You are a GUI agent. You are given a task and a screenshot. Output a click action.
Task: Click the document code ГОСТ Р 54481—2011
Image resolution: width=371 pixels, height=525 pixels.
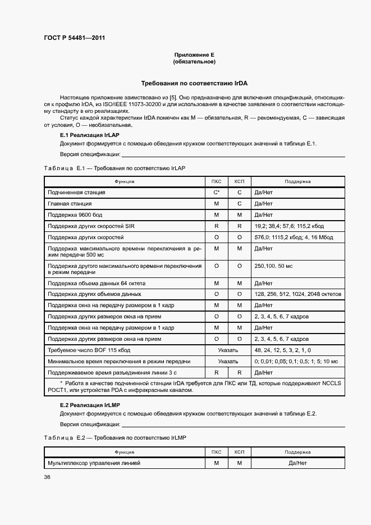pos(74,38)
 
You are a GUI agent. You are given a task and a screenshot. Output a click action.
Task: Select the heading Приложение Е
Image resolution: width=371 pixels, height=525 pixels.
pos(194,55)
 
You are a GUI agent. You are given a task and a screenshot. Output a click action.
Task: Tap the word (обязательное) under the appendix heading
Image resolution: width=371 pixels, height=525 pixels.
pos(194,62)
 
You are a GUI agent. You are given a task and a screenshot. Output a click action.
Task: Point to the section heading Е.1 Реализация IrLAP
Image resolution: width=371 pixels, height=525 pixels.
pos(89,135)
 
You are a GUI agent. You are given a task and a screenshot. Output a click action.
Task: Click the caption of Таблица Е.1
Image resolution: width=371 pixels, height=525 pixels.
pos(114,168)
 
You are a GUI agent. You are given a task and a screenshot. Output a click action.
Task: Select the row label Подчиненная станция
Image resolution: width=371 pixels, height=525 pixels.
pos(76,193)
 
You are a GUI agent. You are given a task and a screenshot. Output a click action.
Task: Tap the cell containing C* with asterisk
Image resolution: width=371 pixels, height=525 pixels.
pos(216,193)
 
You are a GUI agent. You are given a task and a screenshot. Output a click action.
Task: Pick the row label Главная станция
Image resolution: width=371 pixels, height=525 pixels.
pos(70,204)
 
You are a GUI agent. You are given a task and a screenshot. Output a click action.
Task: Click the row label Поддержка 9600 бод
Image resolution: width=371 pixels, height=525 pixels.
pos(75,215)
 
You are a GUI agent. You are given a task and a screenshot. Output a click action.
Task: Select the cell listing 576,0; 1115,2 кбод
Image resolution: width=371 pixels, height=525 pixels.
pos(293,238)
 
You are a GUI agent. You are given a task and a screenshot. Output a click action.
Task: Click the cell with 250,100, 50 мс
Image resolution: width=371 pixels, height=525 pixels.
pos(276,266)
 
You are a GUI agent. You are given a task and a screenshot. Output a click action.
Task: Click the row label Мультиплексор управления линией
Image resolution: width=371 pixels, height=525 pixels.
pos(93,463)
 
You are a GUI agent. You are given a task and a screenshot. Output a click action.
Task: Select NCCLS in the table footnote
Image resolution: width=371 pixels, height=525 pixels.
pos(332,384)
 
